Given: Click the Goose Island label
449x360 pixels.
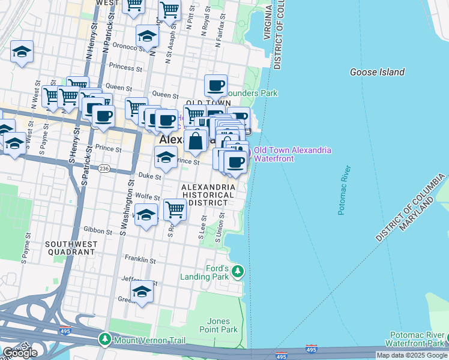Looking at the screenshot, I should click(377, 72).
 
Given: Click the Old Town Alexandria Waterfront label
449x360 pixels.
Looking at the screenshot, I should click(292, 155).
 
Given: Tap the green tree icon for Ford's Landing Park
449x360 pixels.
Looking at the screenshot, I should click(238, 272).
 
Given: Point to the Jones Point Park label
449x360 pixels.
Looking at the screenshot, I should click(222, 326).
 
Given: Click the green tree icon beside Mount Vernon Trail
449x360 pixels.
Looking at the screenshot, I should click(105, 340).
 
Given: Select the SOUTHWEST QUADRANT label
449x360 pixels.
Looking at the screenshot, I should click(70, 248).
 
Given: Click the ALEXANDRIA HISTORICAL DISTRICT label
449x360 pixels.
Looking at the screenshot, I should click(208, 196).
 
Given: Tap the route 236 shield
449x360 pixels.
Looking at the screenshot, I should click(105, 168).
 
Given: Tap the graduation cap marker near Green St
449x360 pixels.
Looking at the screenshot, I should click(142, 292).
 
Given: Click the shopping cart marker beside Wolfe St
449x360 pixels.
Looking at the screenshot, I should click(174, 210).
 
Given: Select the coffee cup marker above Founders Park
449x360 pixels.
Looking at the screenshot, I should click(215, 85).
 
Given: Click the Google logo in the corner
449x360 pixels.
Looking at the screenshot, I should click(20, 353).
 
